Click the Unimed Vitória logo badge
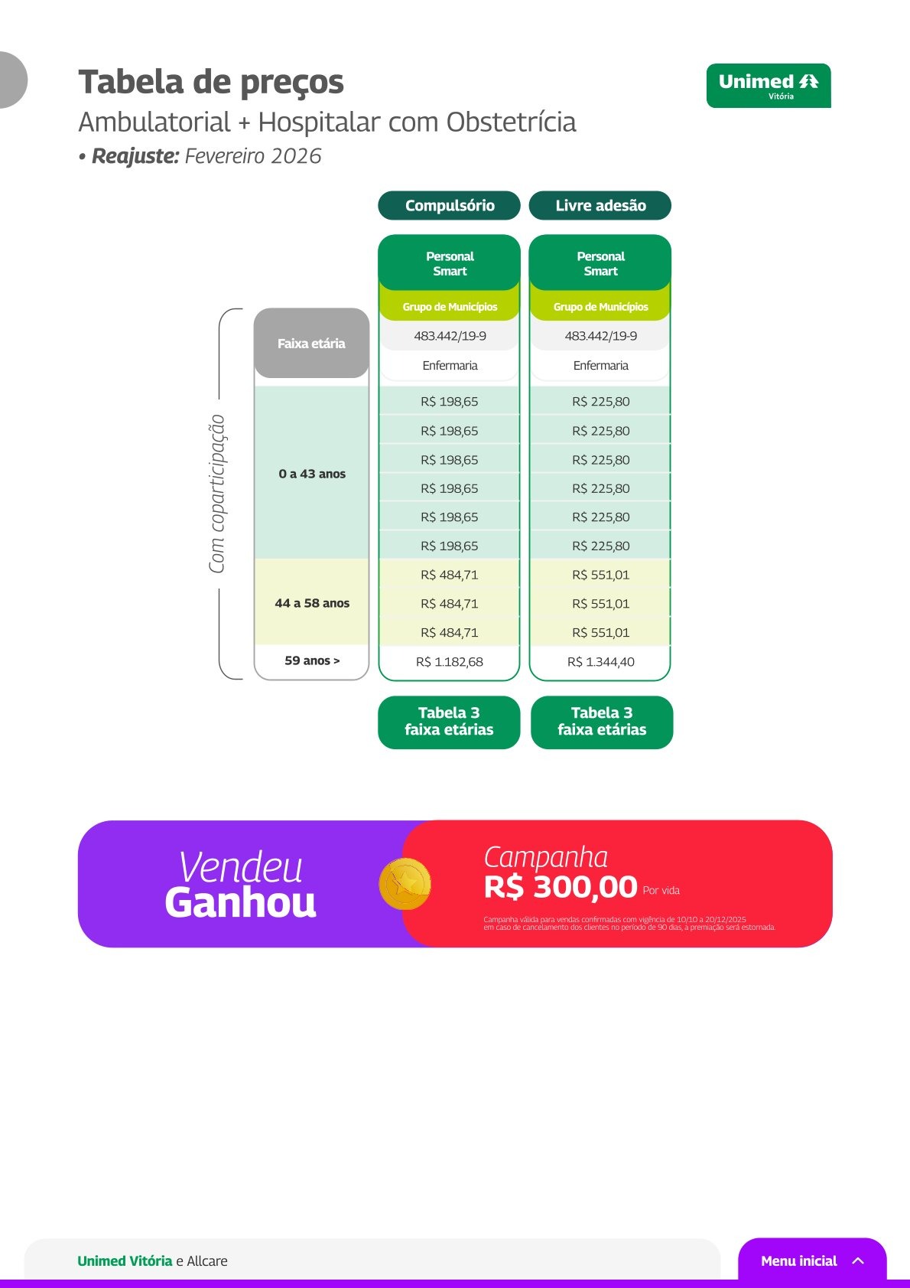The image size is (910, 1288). coord(768,86)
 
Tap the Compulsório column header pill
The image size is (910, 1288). coord(449,205)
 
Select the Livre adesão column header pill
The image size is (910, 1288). coord(600,205)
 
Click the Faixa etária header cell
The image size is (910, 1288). coord(311,344)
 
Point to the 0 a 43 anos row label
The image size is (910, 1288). coord(312,474)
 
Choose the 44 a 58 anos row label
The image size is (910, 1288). coord(312,603)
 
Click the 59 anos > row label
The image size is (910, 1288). coord(312,660)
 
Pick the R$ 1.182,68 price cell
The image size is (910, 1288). coord(449,662)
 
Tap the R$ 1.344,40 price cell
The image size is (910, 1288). coord(601,662)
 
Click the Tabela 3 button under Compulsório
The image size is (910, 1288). coord(449,722)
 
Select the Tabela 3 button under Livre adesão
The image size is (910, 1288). coord(602,722)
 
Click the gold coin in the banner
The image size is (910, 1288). coord(405,884)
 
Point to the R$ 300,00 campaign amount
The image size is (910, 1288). coord(561,887)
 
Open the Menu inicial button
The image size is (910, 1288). coord(812,1261)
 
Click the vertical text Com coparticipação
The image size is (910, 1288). coord(216,494)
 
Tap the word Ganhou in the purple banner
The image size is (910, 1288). coord(241,903)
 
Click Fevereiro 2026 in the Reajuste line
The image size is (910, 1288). coord(253,156)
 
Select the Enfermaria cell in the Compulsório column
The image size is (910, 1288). coord(450,365)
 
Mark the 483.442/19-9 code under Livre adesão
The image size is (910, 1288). coord(601,336)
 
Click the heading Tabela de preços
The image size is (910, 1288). coord(211,82)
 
